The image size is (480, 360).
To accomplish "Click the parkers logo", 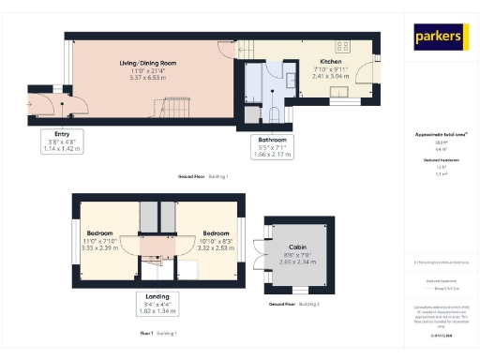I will click(x=441, y=37).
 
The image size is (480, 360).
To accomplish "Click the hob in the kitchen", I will click(x=344, y=45).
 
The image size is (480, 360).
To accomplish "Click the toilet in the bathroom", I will click(x=274, y=113).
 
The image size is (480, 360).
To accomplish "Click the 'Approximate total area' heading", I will click(x=440, y=134).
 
